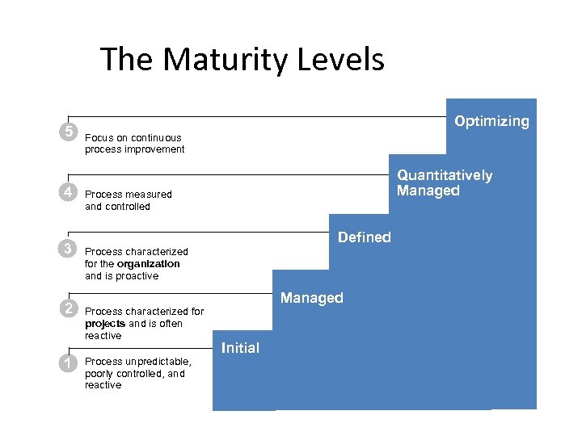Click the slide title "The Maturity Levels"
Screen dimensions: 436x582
click(242, 60)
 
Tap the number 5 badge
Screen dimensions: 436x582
click(70, 132)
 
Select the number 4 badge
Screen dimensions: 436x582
click(70, 192)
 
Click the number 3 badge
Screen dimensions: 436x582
click(70, 248)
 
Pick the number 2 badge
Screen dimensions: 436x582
click(70, 308)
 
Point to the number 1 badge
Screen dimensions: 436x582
click(70, 363)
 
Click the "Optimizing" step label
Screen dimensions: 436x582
click(491, 121)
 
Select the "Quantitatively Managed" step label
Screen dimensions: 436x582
click(444, 183)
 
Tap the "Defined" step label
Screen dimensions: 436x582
click(364, 237)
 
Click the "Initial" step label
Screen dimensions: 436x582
click(240, 348)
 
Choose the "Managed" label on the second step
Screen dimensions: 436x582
click(311, 298)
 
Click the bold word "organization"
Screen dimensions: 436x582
click(148, 264)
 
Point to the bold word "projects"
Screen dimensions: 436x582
click(105, 324)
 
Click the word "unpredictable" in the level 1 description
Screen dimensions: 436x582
click(158, 362)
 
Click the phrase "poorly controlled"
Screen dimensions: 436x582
click(125, 374)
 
